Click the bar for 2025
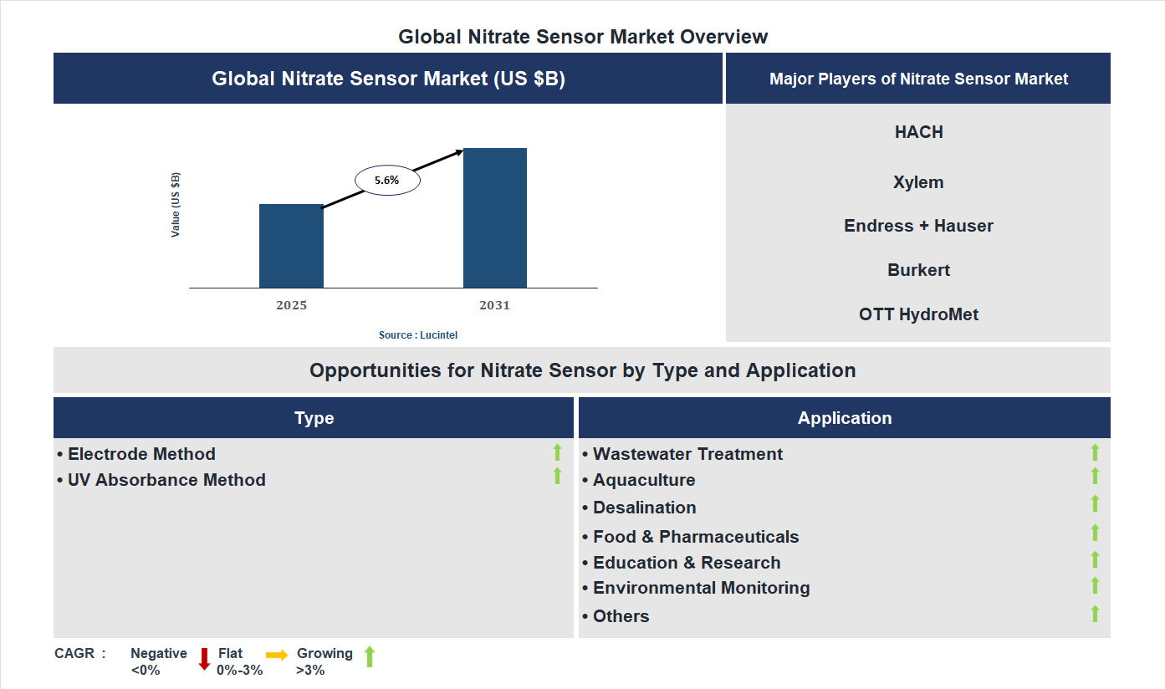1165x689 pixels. [x=291, y=246]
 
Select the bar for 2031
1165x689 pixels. [x=495, y=218]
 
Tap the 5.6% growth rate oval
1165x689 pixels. [x=387, y=180]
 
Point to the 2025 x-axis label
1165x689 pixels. [x=291, y=305]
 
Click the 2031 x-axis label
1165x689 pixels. [x=494, y=305]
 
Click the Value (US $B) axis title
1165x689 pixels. [x=176, y=205]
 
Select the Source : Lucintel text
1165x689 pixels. [x=418, y=335]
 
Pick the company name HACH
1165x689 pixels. [x=918, y=132]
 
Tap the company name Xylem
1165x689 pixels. [x=918, y=182]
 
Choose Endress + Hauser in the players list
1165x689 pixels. [x=918, y=226]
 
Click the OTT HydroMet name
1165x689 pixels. [x=918, y=314]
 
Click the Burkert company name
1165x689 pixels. [x=918, y=270]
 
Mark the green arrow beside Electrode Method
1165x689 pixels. [x=557, y=453]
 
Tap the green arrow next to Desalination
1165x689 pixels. [x=1095, y=503]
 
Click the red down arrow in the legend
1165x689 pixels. [x=204, y=659]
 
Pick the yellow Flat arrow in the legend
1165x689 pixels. [x=277, y=655]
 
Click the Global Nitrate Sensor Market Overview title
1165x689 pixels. [x=583, y=37]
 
